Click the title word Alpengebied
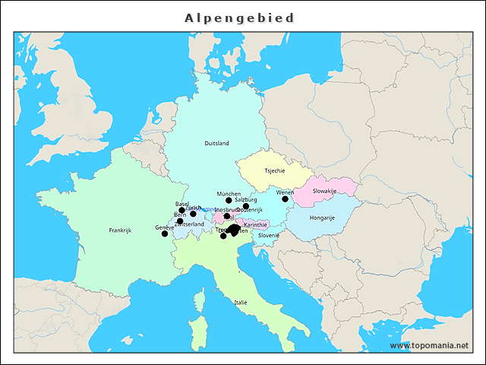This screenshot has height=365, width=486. pos(240,17)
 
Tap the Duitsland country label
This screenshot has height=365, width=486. pos(216,143)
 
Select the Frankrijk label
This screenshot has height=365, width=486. pos(120,230)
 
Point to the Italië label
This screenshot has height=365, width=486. pos(241,302)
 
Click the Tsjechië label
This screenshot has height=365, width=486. pos(275,171)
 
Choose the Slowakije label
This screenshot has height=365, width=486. pos(324,191)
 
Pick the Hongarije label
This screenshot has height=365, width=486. pos(322,217)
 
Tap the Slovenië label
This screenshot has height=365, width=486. pos(269,235)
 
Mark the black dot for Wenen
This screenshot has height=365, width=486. pos(286,199)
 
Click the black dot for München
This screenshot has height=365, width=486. pos(229,201)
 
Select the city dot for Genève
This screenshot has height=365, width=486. pos(165,233)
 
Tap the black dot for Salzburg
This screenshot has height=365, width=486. pos(246,206)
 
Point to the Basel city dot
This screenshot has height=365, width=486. pos(181,211)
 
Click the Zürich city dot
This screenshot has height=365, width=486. pos(193,214)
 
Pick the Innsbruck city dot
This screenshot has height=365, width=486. pos(227,216)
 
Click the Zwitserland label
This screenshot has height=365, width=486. pos(189,224)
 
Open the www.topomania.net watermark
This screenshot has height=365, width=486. pos(429,345)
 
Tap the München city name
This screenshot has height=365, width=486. pos(229,194)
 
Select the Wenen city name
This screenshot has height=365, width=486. pos(285,192)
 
